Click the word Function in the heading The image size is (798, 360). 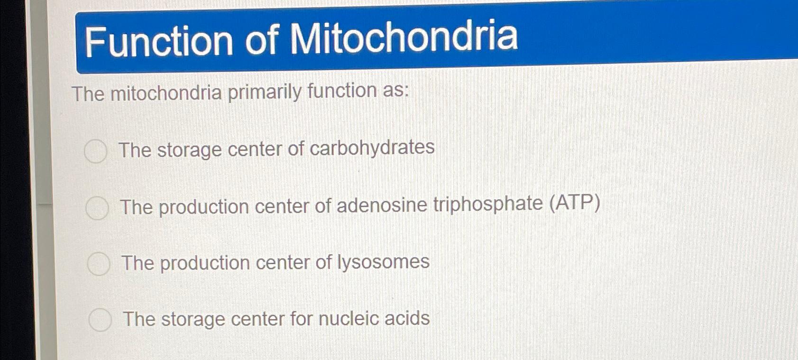(159, 41)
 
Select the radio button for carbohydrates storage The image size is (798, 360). (95, 151)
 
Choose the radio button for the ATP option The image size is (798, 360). (97, 208)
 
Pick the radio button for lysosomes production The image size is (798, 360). (98, 264)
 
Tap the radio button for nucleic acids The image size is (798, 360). (100, 320)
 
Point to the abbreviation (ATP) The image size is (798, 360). (575, 203)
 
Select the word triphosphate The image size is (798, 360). (488, 205)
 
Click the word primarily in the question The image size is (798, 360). (264, 92)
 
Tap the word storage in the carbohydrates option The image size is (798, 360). (189, 150)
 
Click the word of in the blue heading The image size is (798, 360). (261, 39)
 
